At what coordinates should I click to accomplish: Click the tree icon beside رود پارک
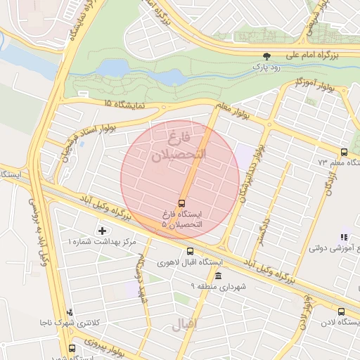[x=266, y=56]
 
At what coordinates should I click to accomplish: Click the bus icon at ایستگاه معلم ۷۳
[x=344, y=152]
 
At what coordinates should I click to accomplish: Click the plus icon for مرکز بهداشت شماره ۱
[x=103, y=231]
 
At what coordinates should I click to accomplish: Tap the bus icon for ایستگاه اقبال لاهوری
[x=190, y=251]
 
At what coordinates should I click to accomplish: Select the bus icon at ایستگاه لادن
[x=341, y=311]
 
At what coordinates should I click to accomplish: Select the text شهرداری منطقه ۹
[x=219, y=286]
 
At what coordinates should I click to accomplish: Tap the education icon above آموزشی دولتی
[x=344, y=238]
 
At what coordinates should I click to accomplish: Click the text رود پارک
[x=267, y=67]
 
